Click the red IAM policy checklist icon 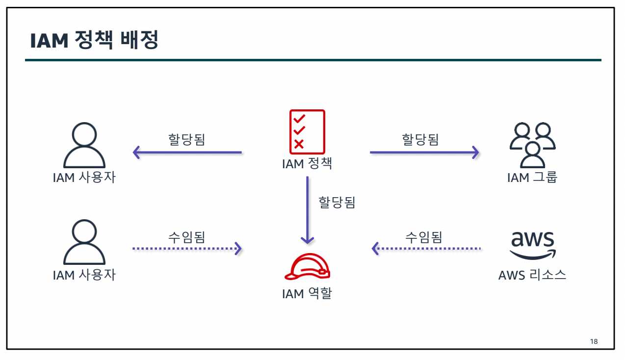pyautogui.click(x=307, y=131)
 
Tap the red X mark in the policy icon pyautogui.click(x=299, y=144)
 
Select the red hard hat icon pyautogui.click(x=307, y=267)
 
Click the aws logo pyautogui.click(x=532, y=244)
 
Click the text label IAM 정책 pyautogui.click(x=307, y=163)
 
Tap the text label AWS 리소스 pyautogui.click(x=532, y=275)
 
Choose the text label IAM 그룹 pyautogui.click(x=532, y=177)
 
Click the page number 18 pyautogui.click(x=594, y=341)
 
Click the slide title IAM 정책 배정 pyautogui.click(x=94, y=41)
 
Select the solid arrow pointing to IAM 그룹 pyautogui.click(x=424, y=153)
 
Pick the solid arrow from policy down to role pyautogui.click(x=308, y=210)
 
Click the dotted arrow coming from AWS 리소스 pyautogui.click(x=426, y=249)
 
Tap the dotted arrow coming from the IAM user pyautogui.click(x=187, y=249)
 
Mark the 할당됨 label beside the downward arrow pyautogui.click(x=337, y=202)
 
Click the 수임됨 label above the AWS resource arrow pyautogui.click(x=423, y=237)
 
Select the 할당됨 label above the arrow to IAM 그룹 pyautogui.click(x=420, y=139)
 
